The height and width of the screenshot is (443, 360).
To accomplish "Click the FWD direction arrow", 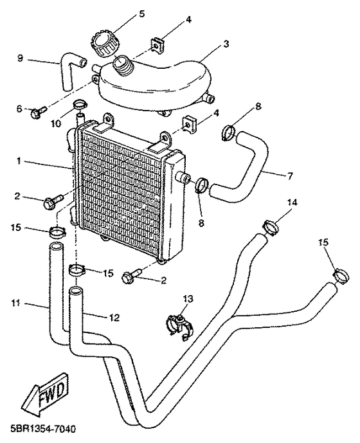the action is coord(46,393).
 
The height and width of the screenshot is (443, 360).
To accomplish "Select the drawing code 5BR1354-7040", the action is coord(39,429).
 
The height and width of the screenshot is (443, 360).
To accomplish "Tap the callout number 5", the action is coord(141,14).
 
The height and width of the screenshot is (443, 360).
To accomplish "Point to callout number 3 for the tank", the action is coord(226,44).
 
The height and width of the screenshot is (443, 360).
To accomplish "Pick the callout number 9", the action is coord(20,59).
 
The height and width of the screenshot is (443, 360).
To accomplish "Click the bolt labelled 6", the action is coord(39,112).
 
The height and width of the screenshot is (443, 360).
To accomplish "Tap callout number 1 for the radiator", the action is coord(19,161).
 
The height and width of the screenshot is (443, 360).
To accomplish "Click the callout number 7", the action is coord(290,176).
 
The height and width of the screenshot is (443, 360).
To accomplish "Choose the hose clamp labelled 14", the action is coord(271,227).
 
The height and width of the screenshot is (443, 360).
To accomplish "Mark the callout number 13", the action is coord(188,298).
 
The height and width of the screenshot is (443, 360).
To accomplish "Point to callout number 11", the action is coord(15,303).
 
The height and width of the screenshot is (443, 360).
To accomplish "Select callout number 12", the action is coord(114,318).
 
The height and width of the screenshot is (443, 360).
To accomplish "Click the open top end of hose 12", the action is coord(76,291).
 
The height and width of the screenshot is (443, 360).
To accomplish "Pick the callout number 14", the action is coord(292,202).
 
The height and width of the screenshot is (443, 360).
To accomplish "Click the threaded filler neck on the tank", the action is coord(123,65).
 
